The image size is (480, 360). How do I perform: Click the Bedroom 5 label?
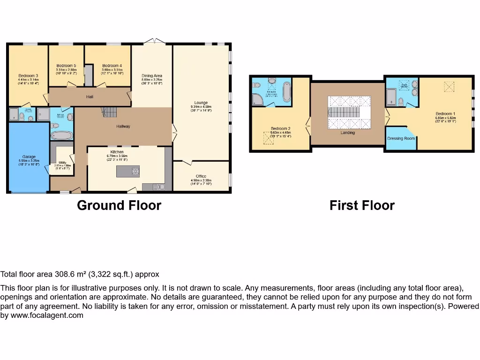click(x=66, y=66)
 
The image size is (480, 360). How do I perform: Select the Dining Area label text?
click(x=152, y=75)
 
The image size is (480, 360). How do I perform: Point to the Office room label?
click(x=201, y=176)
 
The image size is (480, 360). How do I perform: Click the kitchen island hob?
click(x=135, y=172)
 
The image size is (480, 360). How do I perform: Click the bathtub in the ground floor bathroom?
click(x=62, y=135)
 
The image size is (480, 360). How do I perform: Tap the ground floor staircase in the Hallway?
click(x=109, y=112)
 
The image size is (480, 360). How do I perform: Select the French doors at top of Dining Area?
click(x=152, y=42)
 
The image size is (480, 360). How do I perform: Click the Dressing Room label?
click(x=401, y=138)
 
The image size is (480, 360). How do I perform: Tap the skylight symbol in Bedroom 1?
click(x=450, y=87)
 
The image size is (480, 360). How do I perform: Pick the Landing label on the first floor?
click(x=347, y=133)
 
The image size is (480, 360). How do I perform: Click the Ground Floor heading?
click(x=119, y=205)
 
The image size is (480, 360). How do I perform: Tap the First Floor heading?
click(x=362, y=205)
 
